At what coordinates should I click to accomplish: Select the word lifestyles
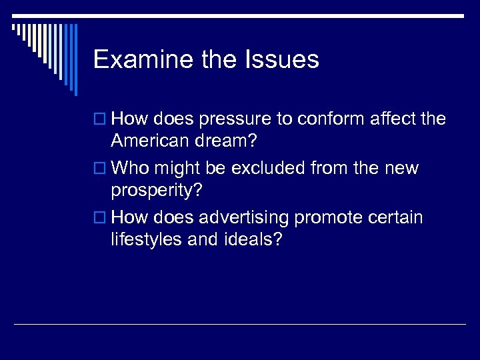coord(145,239)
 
